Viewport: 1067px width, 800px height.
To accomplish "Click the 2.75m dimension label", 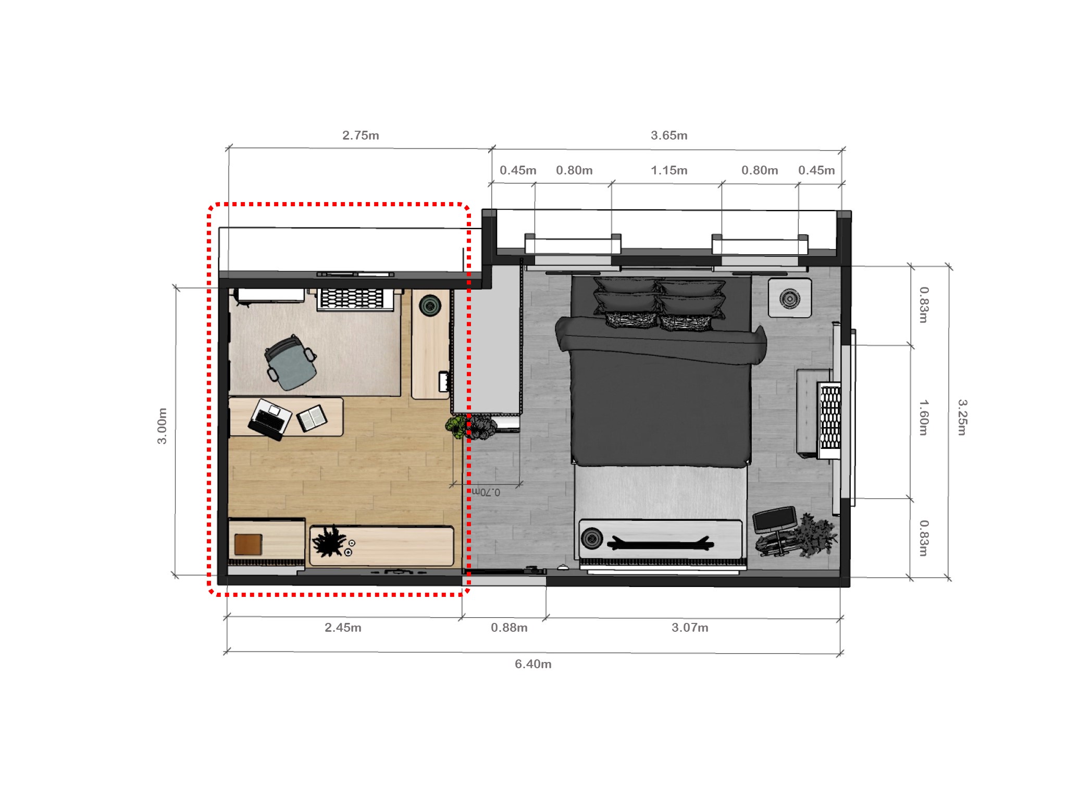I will coord(361,135).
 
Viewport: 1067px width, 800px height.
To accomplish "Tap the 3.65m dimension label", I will coord(669,135).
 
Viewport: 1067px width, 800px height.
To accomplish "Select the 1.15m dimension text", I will coord(669,170).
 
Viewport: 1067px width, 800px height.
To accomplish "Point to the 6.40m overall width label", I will coord(533,664).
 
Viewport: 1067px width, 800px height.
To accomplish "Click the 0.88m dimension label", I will coord(509,628).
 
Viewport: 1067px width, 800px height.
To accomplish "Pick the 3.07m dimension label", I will coord(690,628).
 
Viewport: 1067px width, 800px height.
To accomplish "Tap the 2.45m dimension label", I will coord(343,628).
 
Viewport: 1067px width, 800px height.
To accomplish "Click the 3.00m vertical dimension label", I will coord(163,426).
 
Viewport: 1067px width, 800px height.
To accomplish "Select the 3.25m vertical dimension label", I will coord(962,417).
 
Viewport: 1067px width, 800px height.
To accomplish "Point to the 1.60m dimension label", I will coord(923,417).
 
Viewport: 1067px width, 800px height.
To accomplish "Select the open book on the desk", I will coord(312,418).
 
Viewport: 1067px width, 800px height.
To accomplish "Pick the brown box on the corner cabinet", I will coord(248,544).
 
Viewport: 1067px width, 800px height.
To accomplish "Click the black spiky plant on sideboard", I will coord(328,542).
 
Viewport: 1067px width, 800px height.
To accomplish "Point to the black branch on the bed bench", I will coord(661,544).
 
